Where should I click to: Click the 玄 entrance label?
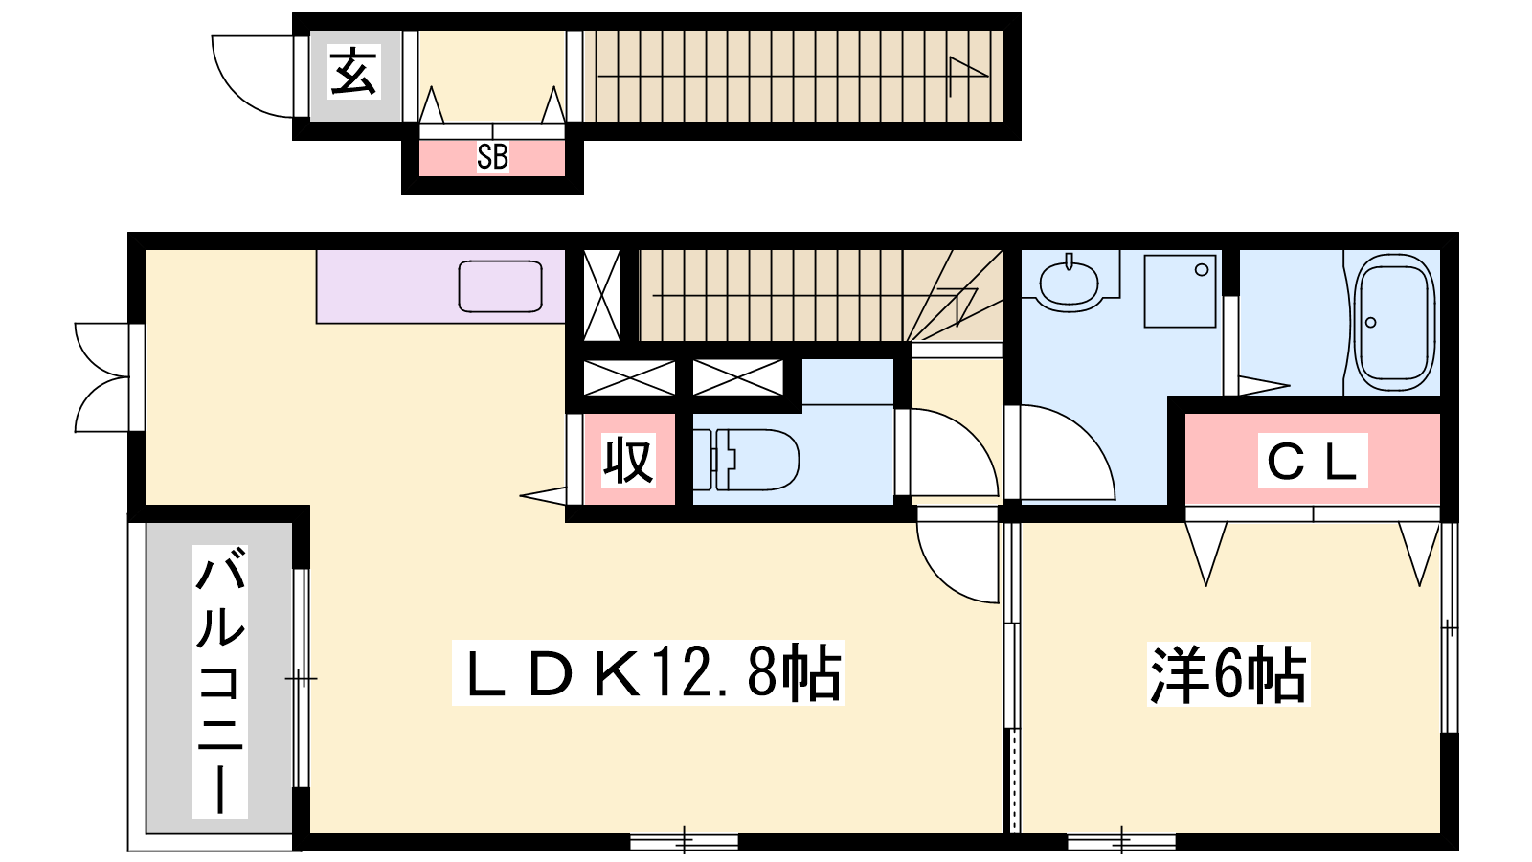click(353, 72)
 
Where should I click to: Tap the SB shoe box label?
click(492, 157)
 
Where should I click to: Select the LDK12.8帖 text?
click(648, 672)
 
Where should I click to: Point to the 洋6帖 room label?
click(1228, 674)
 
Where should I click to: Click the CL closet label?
click(1313, 461)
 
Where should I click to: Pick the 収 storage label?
click(628, 460)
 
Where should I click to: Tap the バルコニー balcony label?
click(219, 681)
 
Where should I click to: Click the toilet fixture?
click(746, 459)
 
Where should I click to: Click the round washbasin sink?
click(1069, 284)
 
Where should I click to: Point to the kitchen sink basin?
click(500, 286)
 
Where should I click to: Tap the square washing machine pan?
click(1180, 291)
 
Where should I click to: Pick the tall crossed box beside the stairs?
click(602, 295)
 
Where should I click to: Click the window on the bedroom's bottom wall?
click(1121, 841)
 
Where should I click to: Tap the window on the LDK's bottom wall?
click(684, 841)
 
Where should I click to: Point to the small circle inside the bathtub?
click(1370, 322)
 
